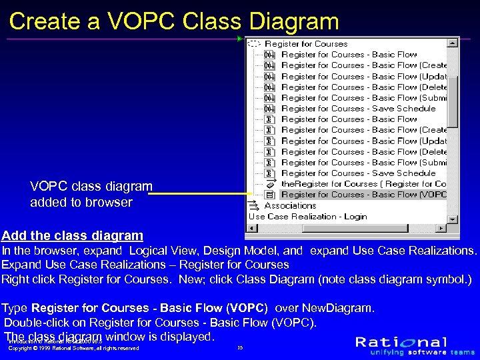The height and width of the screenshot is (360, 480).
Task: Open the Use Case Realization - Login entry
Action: point(307,216)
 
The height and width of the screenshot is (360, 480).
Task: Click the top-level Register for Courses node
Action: point(306,44)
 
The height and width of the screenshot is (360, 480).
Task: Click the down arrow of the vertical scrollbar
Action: point(453,218)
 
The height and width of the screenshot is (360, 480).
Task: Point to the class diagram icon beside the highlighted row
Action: point(270,195)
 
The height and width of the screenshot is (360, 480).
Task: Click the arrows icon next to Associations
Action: point(253,205)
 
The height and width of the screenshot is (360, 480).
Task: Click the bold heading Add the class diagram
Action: point(72,235)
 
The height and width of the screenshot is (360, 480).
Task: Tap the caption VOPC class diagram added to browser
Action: point(91,194)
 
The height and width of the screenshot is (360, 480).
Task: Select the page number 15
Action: point(240,347)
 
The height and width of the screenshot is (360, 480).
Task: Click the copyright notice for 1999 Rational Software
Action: point(73,348)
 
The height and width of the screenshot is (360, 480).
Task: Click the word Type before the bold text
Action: point(15,308)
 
